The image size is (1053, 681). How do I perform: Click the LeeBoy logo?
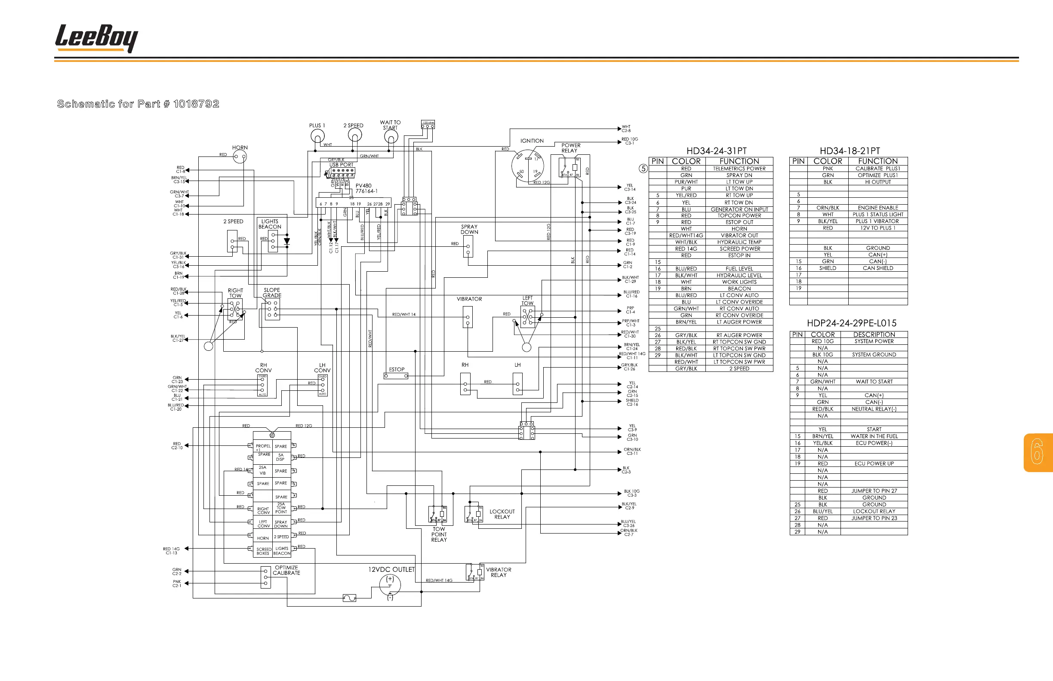(x=96, y=38)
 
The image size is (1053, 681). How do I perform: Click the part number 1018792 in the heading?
(x=196, y=104)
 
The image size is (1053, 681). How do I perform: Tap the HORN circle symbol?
(x=240, y=156)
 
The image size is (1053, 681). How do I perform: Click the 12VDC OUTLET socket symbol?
(x=390, y=585)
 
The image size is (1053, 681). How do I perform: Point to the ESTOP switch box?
(x=396, y=376)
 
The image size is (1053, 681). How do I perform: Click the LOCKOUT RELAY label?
(x=502, y=514)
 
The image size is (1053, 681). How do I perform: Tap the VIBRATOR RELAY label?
(x=498, y=572)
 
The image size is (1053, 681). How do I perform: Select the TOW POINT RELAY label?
(x=439, y=534)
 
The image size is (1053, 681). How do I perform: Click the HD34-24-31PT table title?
(x=716, y=151)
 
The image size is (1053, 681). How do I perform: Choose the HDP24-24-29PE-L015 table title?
(x=851, y=323)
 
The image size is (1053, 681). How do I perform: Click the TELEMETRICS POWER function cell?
(x=739, y=169)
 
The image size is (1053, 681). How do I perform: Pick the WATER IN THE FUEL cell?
(x=874, y=436)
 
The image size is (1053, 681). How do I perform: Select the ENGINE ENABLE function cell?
(x=878, y=208)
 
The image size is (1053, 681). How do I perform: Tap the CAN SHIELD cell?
(x=878, y=268)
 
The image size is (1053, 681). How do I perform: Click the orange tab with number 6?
(x=1038, y=452)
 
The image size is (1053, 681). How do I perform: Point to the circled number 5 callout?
(x=643, y=169)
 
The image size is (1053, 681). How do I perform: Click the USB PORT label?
(x=341, y=165)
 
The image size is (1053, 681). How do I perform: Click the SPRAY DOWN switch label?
(x=469, y=229)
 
